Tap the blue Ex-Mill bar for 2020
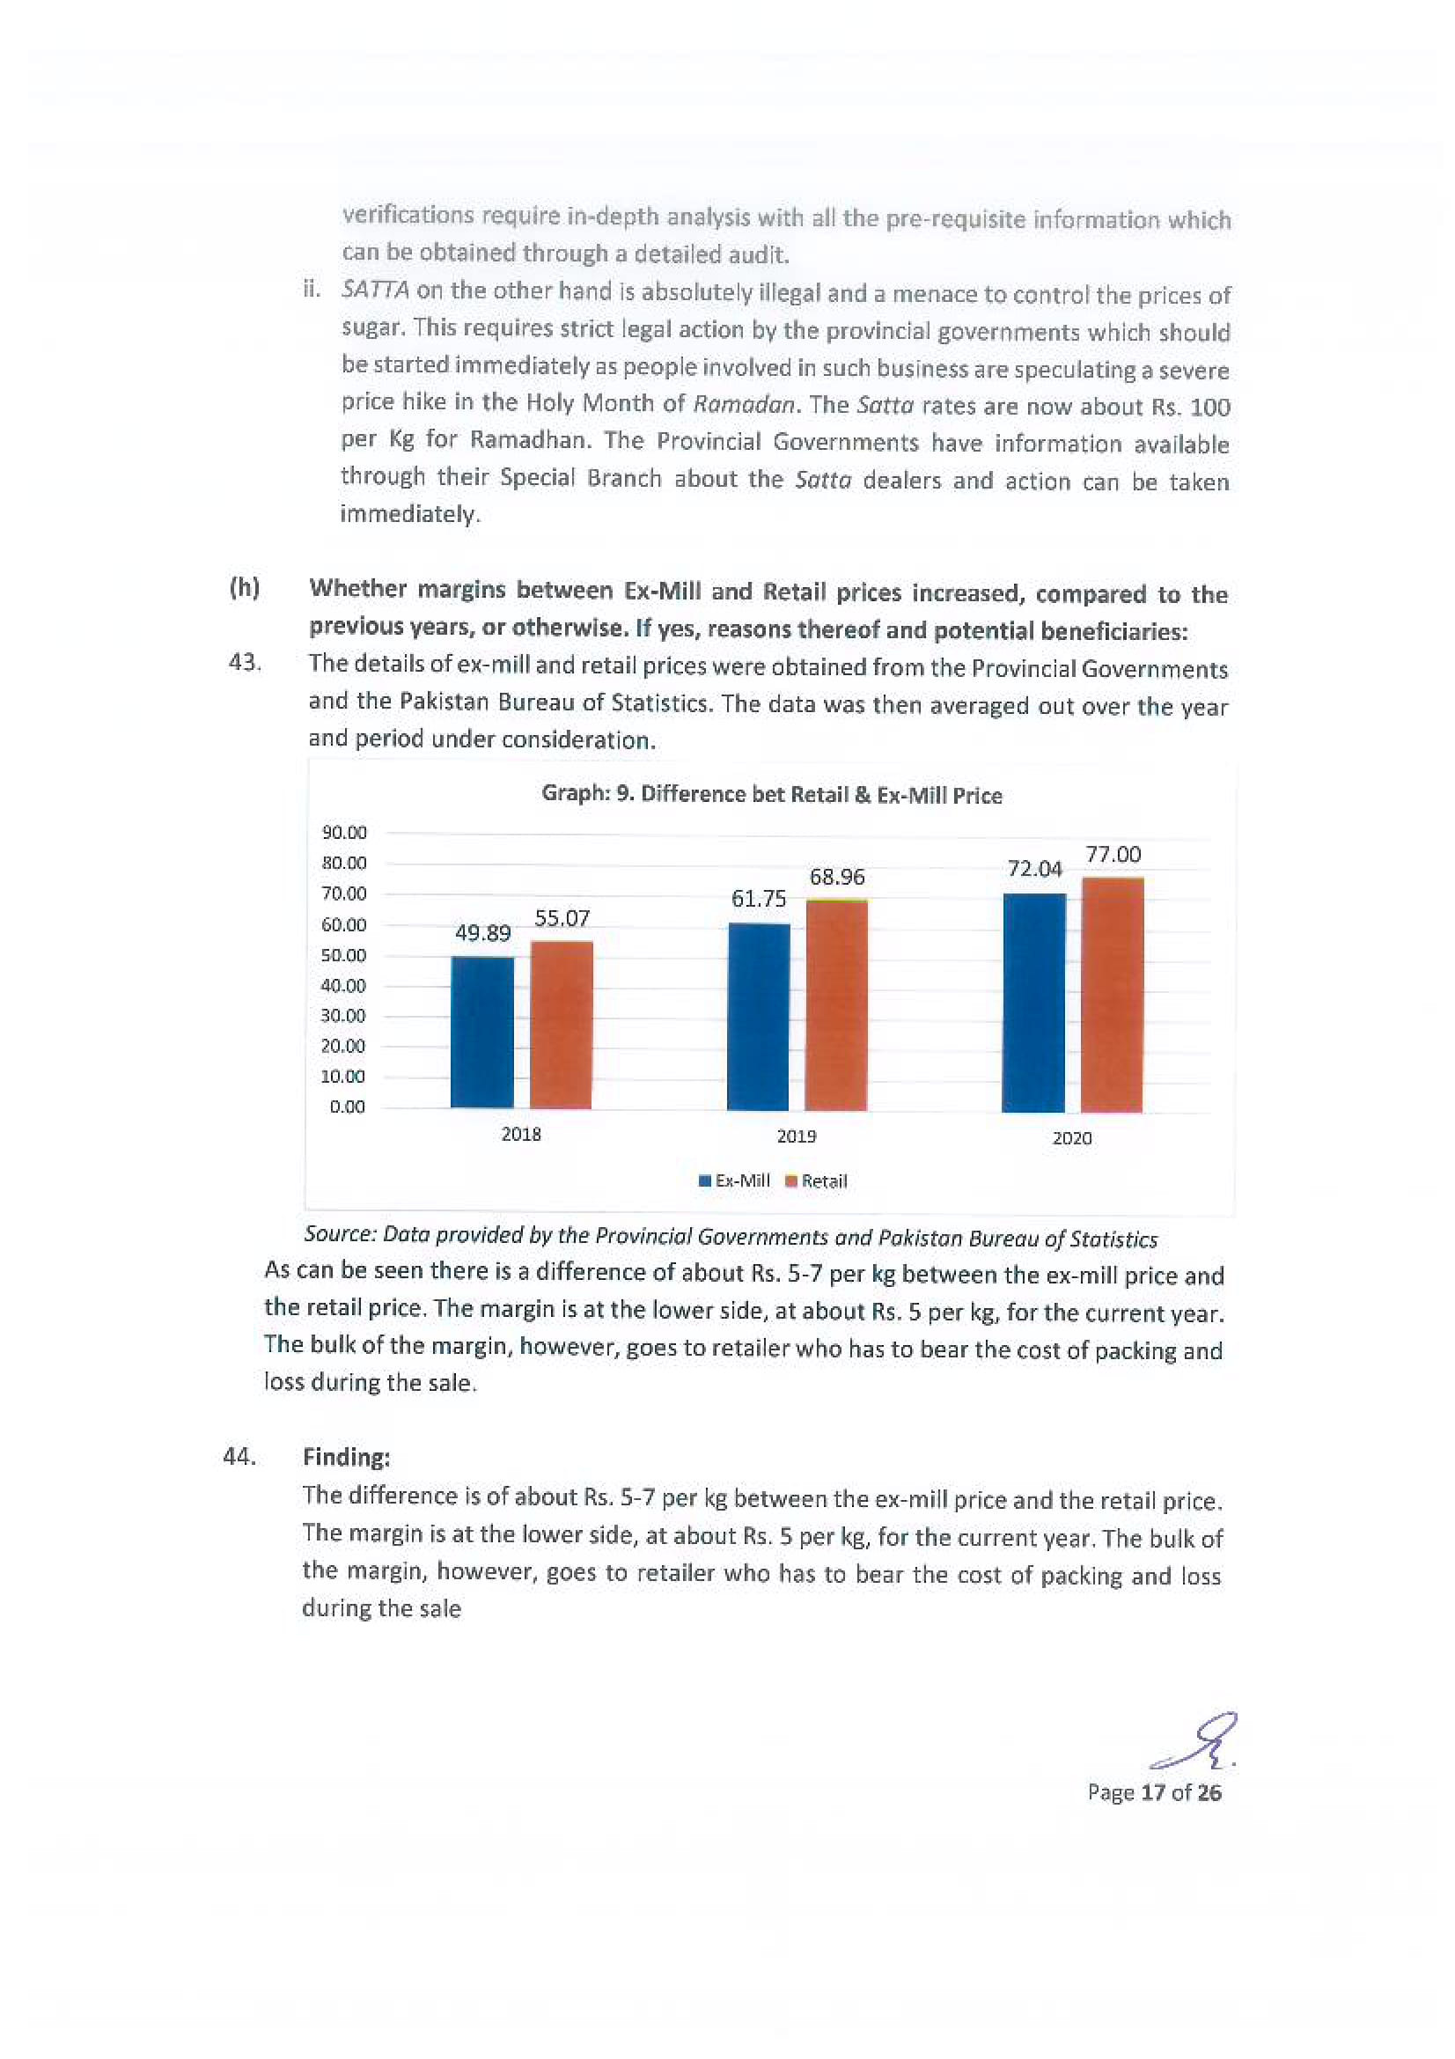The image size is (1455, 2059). coord(1033,1002)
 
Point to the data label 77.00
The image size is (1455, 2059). coord(1113,855)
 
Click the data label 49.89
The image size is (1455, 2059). coord(482,932)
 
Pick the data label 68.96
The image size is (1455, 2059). coord(836,876)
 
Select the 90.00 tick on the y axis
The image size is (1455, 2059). coord(344,833)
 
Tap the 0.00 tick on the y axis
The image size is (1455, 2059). coord(348,1107)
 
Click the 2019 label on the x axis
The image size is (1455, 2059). coord(796,1136)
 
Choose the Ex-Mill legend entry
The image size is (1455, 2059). coord(734,1181)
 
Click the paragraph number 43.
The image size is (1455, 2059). coord(244,663)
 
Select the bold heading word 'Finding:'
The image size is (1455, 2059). coord(346,1457)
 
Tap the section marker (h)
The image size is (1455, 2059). coord(245,588)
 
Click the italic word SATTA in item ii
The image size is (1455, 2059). coord(376,290)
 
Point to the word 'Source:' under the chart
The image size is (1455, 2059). coord(340,1234)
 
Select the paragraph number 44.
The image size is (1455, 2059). coord(239,1456)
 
